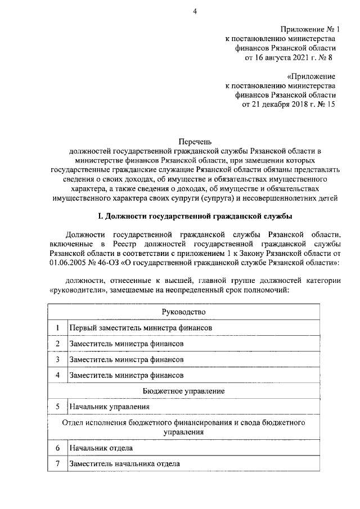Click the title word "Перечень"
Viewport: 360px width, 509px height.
coord(193,142)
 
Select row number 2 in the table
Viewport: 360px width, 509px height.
coord(57,343)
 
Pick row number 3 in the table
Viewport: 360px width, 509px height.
coord(57,359)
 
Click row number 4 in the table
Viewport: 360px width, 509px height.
coord(57,375)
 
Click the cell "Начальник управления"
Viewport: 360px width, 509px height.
coord(109,406)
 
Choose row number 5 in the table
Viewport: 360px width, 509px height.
coord(57,406)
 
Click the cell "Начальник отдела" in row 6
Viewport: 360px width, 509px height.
coord(101,448)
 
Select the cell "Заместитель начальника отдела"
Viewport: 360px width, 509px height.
coord(124,464)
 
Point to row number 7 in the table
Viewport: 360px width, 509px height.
coord(57,464)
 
